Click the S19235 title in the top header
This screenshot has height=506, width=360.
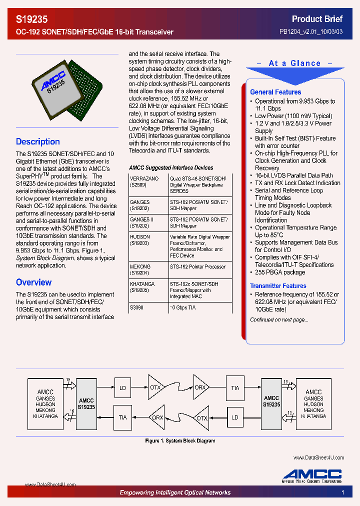click(32, 19)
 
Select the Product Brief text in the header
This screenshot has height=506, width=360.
click(317, 19)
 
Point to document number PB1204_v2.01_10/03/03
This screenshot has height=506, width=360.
click(311, 32)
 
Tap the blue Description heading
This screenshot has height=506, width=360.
click(38, 141)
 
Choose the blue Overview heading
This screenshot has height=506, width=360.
click(33, 282)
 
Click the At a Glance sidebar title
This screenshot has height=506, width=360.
click(294, 63)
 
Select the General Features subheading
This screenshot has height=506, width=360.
click(275, 92)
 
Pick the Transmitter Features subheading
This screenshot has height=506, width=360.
click(278, 286)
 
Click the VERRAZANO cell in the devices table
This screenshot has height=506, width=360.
click(144, 181)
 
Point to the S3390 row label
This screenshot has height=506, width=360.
click(136, 308)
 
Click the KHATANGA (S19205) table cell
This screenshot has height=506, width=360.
click(142, 286)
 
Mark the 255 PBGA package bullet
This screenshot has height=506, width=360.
click(279, 272)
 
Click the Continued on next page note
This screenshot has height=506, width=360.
click(279, 320)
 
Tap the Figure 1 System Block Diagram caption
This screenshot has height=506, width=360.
click(180, 441)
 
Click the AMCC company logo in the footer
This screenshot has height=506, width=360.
click(312, 475)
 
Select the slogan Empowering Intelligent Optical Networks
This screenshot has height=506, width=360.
click(175, 492)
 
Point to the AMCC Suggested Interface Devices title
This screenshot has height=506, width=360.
click(171, 168)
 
